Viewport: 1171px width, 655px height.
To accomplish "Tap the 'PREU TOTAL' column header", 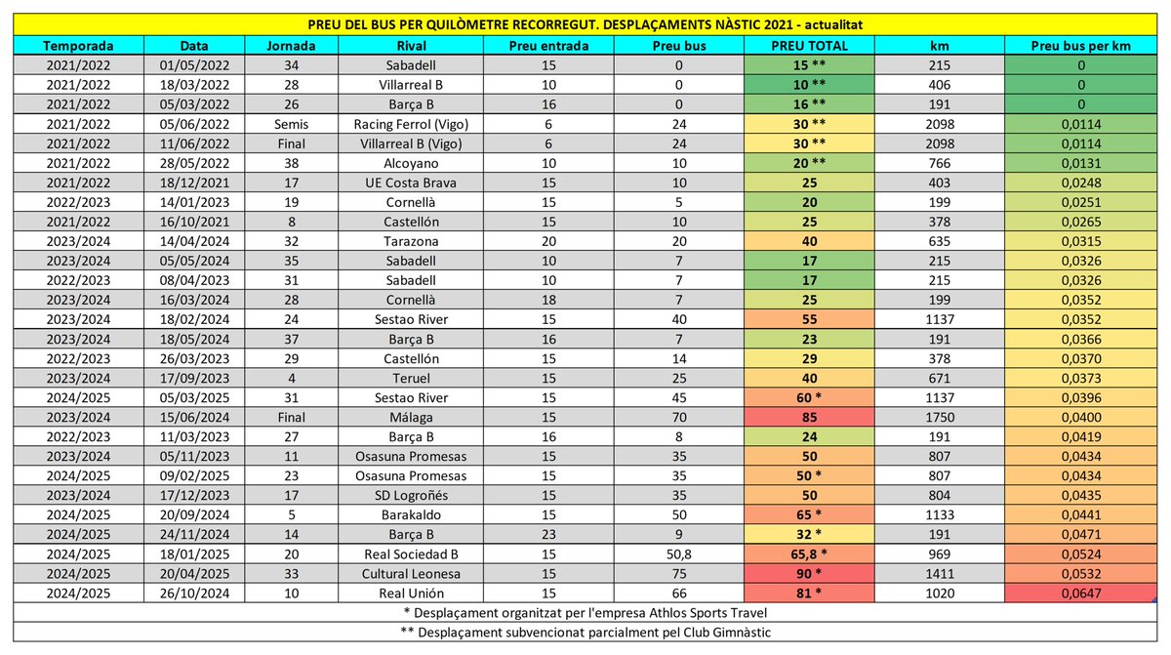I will (x=808, y=45).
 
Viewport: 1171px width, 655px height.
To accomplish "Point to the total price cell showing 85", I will (x=808, y=417).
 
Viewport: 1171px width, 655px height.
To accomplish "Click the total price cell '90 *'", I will (x=808, y=573).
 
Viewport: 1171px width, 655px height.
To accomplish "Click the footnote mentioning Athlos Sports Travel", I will (x=585, y=612).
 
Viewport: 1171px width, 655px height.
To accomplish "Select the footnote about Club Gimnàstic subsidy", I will (x=585, y=632).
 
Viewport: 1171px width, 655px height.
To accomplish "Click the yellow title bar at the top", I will (x=585, y=23).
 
